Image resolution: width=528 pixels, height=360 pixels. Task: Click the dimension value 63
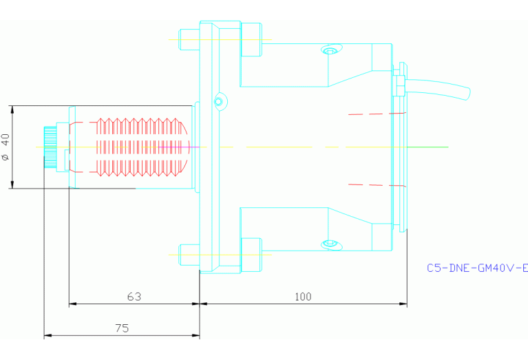tap(134, 297)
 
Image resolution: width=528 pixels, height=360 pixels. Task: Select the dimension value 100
tap(303, 297)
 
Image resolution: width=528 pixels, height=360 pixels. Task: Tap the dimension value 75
tap(122, 328)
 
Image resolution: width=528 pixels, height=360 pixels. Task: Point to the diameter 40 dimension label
tap(6, 147)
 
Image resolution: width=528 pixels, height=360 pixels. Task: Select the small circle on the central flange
tap(218, 102)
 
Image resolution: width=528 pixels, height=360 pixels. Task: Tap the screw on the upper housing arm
tap(330, 51)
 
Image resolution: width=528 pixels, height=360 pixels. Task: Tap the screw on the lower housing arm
tap(330, 244)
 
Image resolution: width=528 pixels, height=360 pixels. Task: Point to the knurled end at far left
tap(50, 147)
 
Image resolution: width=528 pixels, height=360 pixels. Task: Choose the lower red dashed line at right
tap(377, 184)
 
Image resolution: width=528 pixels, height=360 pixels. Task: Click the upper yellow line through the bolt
tap(220, 39)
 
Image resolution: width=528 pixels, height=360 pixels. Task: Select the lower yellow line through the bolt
tap(220, 255)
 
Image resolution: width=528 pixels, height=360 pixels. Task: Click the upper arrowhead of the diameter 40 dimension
tap(13, 109)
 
